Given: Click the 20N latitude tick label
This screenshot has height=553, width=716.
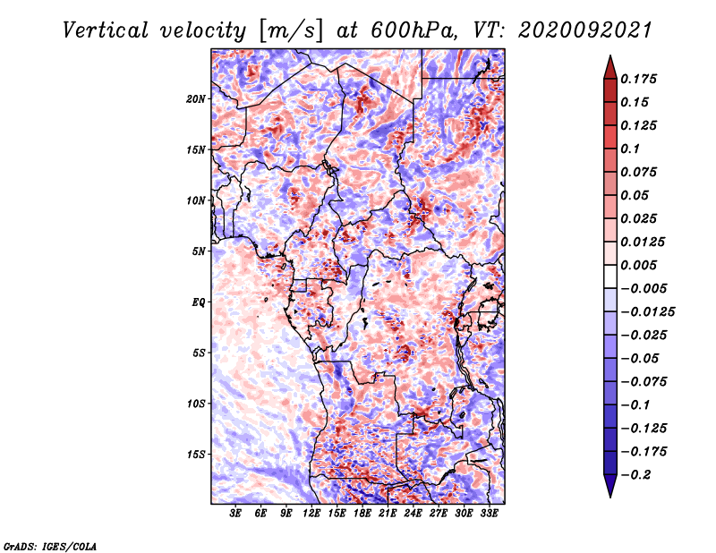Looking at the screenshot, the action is coord(196,99).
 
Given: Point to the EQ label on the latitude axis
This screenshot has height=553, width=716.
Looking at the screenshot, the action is coord(198,302).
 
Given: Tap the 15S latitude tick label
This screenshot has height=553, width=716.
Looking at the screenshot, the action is coord(196,455).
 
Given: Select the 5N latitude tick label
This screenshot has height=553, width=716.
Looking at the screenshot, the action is coord(199,251).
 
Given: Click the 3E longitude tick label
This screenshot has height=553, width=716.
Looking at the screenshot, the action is coord(235,514).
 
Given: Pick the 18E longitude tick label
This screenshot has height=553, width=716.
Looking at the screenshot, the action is coord(362,514).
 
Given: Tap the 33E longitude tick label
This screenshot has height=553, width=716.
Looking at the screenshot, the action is coord(489,514).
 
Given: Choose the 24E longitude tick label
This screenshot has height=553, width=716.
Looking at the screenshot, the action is coord(413,514).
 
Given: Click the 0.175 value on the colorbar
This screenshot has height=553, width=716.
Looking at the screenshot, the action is coord(638,79).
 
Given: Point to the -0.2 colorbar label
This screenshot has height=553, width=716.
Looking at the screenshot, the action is coord(635,475).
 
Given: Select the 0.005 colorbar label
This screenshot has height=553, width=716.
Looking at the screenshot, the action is coord(638,265).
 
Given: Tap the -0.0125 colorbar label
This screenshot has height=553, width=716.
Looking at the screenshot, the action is coord(647,312).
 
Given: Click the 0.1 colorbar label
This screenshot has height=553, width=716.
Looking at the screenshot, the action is coord(630,149).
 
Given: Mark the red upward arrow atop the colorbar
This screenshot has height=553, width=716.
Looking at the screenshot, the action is coord(610,67).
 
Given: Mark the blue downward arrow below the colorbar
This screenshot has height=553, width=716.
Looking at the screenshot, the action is coord(610,486).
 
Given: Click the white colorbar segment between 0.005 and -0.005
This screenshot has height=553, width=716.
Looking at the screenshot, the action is coord(610,276).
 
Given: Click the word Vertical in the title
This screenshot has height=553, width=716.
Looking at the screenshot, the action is coord(106,30).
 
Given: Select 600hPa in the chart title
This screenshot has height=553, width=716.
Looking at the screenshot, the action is coord(413,30).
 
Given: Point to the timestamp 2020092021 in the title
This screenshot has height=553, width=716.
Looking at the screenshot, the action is coord(585,30).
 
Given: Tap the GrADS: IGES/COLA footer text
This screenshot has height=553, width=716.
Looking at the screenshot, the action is coord(50,546).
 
